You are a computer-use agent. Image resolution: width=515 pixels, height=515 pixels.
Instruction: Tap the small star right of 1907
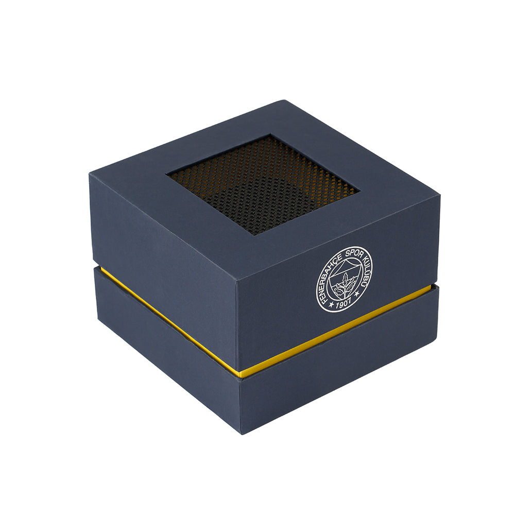[x=357, y=294]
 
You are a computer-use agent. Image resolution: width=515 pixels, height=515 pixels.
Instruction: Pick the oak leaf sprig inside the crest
[x=342, y=284]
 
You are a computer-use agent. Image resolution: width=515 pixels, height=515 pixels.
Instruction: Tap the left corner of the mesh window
[x=166, y=173]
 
